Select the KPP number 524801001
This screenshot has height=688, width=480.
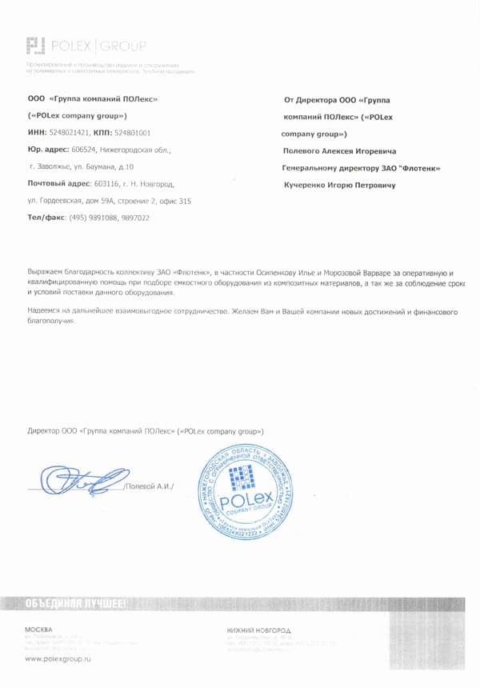(x=133, y=133)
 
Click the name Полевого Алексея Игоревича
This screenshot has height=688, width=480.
(x=340, y=150)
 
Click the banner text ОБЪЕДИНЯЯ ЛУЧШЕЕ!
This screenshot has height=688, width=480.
(x=74, y=604)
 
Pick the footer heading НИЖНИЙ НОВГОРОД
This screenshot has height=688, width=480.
(x=259, y=630)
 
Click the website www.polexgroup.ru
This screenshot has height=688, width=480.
(x=58, y=658)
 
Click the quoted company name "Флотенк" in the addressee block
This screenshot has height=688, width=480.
(x=418, y=168)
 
